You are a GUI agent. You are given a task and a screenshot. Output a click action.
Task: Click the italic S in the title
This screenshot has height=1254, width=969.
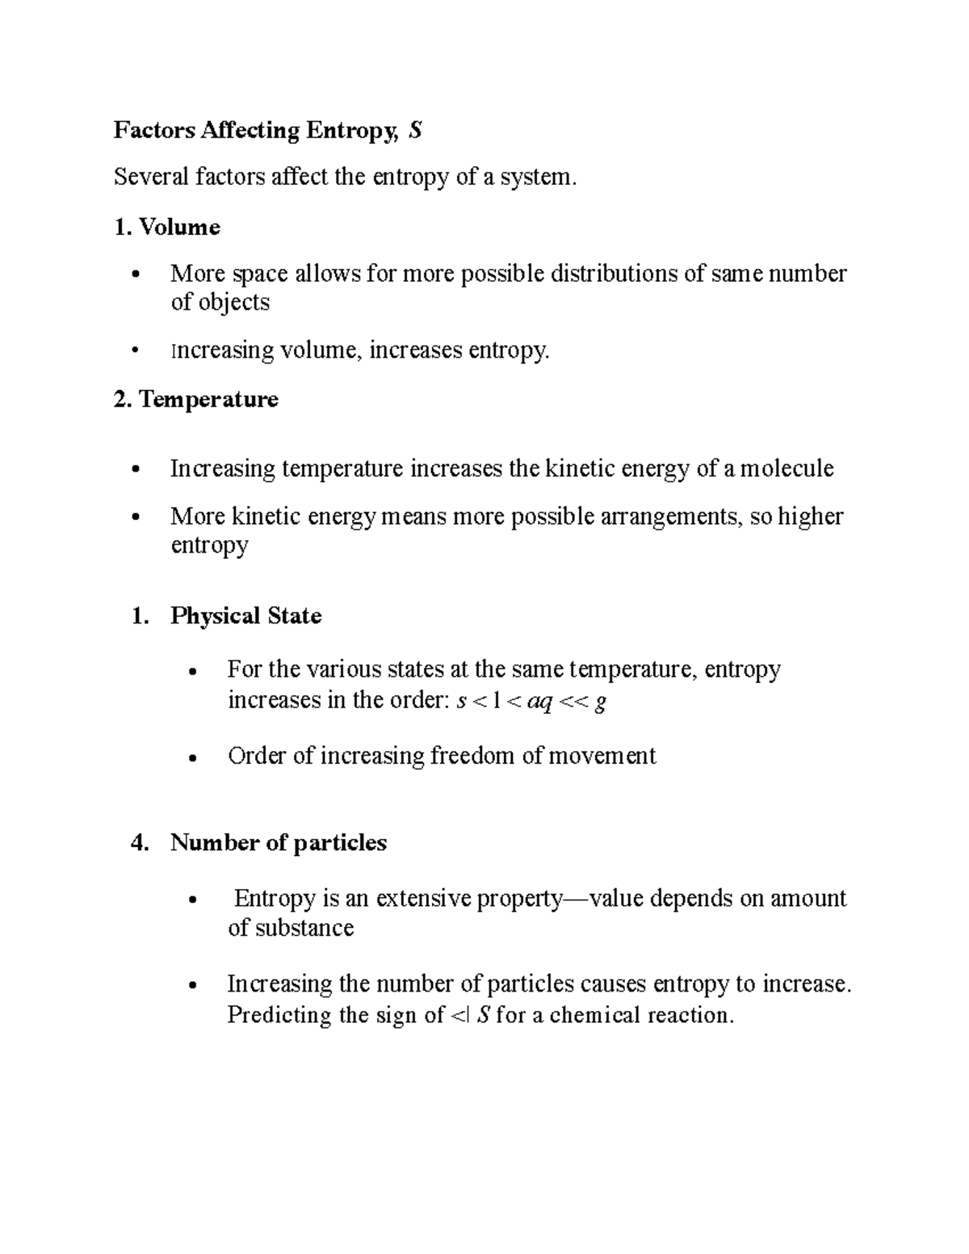tap(415, 131)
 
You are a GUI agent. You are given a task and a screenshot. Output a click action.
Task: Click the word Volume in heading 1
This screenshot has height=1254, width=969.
tap(179, 227)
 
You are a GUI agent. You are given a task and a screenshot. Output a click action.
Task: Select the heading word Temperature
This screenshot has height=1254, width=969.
tap(208, 400)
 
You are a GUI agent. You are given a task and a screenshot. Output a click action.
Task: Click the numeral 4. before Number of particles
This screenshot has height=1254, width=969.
tap(139, 843)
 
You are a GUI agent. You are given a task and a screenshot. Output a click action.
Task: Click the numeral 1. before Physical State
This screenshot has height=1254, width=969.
tap(139, 616)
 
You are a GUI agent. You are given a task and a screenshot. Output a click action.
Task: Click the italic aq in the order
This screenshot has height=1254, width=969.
tap(539, 702)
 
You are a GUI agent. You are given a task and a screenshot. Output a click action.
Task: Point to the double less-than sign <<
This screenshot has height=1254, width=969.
tap(574, 702)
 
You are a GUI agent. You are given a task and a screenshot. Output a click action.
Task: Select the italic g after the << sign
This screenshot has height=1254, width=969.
tap(599, 703)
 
